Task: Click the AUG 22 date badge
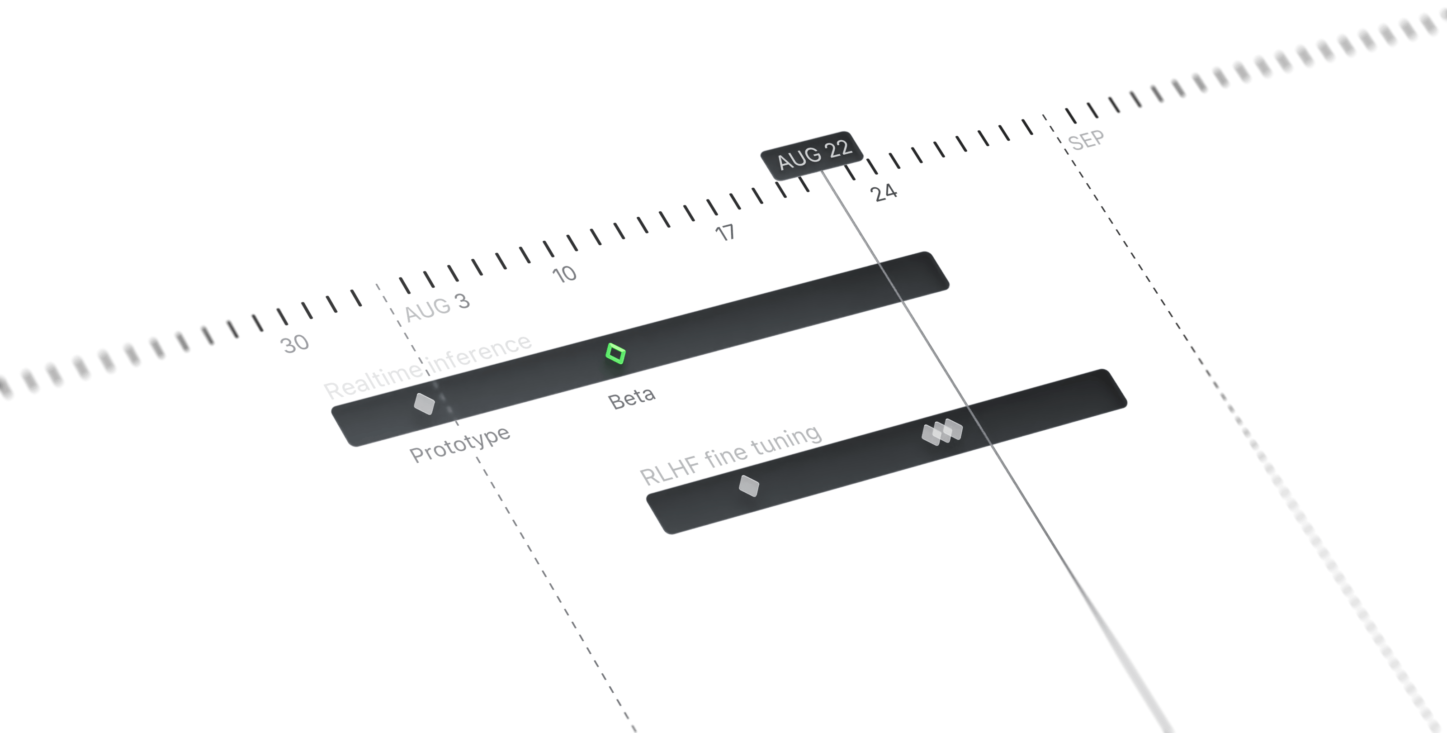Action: point(812,155)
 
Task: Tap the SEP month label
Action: point(1086,140)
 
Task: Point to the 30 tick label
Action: point(295,343)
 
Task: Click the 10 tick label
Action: point(564,274)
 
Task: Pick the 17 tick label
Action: point(726,232)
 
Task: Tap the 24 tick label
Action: point(884,192)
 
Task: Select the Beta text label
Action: point(631,398)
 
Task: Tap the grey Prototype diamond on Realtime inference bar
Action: point(424,403)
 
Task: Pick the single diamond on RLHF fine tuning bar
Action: point(748,485)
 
